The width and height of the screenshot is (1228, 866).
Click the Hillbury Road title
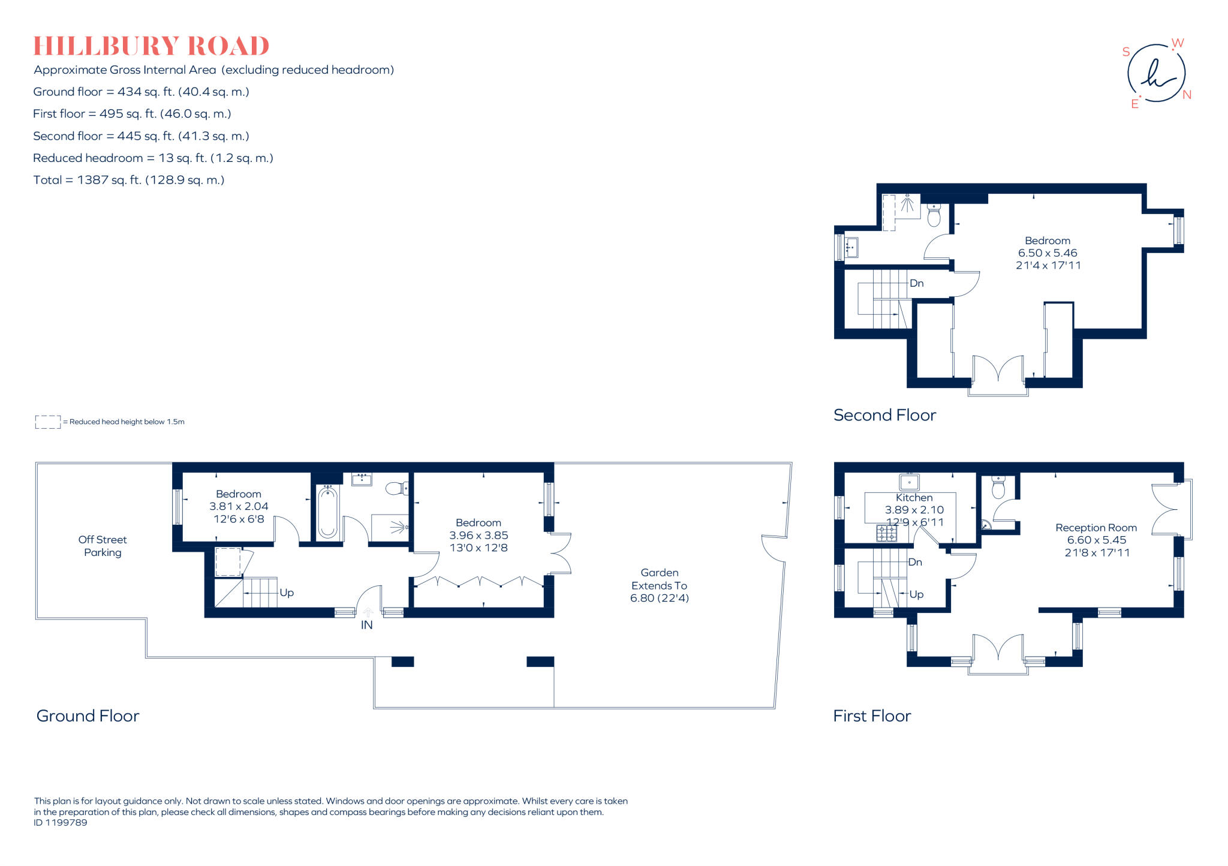[151, 46]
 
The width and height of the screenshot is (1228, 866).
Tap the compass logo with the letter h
[1156, 74]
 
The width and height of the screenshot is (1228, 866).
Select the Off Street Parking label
[103, 546]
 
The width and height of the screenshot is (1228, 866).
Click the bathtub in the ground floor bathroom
[327, 512]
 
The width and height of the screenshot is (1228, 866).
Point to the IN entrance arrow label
[367, 625]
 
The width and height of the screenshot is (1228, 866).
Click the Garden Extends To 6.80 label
[659, 585]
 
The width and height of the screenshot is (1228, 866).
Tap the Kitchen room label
[914, 498]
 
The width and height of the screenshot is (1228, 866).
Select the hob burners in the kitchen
[887, 533]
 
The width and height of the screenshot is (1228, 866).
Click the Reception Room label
[1095, 528]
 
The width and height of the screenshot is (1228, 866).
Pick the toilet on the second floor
[934, 215]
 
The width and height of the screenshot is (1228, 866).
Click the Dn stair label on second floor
[916, 283]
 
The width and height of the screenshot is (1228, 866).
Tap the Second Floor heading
[884, 415]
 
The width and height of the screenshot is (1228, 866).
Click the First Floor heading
[872, 716]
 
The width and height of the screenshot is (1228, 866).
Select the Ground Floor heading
[88, 716]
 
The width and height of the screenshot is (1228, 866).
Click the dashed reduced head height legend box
[48, 422]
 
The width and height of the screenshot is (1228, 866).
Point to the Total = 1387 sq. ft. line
[129, 180]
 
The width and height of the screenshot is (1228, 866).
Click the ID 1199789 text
[61, 823]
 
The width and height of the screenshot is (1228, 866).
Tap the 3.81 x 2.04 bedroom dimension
[239, 506]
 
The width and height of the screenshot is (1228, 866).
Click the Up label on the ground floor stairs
[287, 593]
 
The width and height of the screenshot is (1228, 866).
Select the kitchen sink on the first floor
[909, 482]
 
